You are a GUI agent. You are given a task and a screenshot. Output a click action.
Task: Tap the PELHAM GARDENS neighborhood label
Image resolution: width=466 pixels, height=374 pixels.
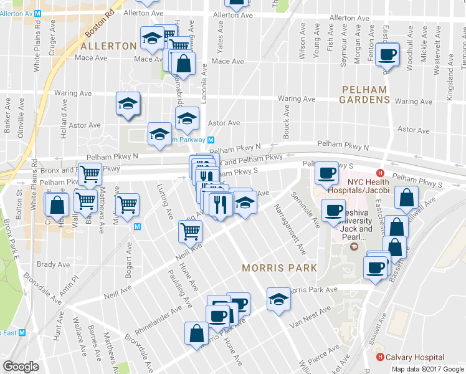click(365, 94)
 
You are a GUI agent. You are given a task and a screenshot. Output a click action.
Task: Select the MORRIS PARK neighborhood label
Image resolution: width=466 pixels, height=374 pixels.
click(280, 267)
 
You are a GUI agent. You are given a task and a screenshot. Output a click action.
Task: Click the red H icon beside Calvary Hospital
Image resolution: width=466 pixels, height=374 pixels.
click(379, 357)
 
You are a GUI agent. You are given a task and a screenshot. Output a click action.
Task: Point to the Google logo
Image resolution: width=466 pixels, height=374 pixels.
click(21, 366)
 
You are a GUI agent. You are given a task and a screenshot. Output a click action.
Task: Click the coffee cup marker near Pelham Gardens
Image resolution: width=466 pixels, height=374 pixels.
click(387, 55)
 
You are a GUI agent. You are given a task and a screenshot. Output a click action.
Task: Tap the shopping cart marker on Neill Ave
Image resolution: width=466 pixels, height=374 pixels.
click(190, 231)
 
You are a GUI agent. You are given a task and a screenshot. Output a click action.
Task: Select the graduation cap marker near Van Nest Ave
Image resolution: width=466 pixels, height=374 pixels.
click(278, 299)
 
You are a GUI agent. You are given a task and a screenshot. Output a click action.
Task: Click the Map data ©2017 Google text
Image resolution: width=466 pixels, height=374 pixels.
click(427, 368)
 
